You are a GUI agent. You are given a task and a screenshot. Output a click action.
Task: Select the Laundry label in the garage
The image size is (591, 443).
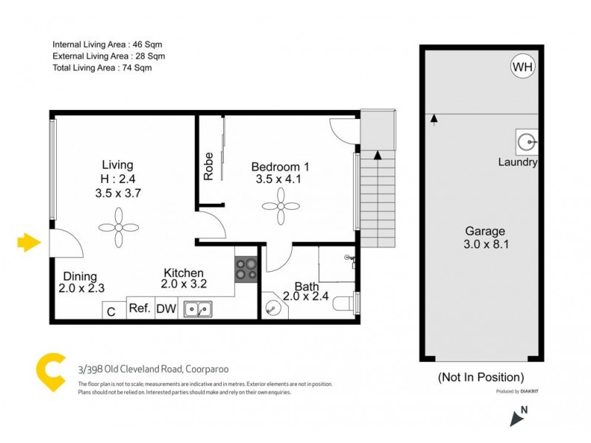pos(517,162)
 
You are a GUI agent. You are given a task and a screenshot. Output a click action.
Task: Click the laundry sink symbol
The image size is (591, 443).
pos(527,140)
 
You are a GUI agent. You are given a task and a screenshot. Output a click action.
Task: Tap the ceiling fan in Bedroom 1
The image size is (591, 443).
pos(280,205)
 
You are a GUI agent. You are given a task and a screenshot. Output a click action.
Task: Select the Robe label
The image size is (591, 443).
pos(209,166)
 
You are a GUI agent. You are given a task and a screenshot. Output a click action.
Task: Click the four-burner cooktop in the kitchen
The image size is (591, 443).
pos(246,269)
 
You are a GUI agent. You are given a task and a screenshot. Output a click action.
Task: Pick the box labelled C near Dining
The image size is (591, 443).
pos(112,312)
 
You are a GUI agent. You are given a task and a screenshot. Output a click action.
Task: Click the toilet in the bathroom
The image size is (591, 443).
pos(345,304)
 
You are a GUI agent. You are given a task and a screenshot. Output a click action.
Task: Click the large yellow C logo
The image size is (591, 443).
pos(53,373)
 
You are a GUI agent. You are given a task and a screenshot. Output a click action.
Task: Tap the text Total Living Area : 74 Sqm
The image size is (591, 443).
pos(102,68)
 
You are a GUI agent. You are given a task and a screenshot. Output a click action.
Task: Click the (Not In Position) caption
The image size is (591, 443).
pos(481,377)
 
